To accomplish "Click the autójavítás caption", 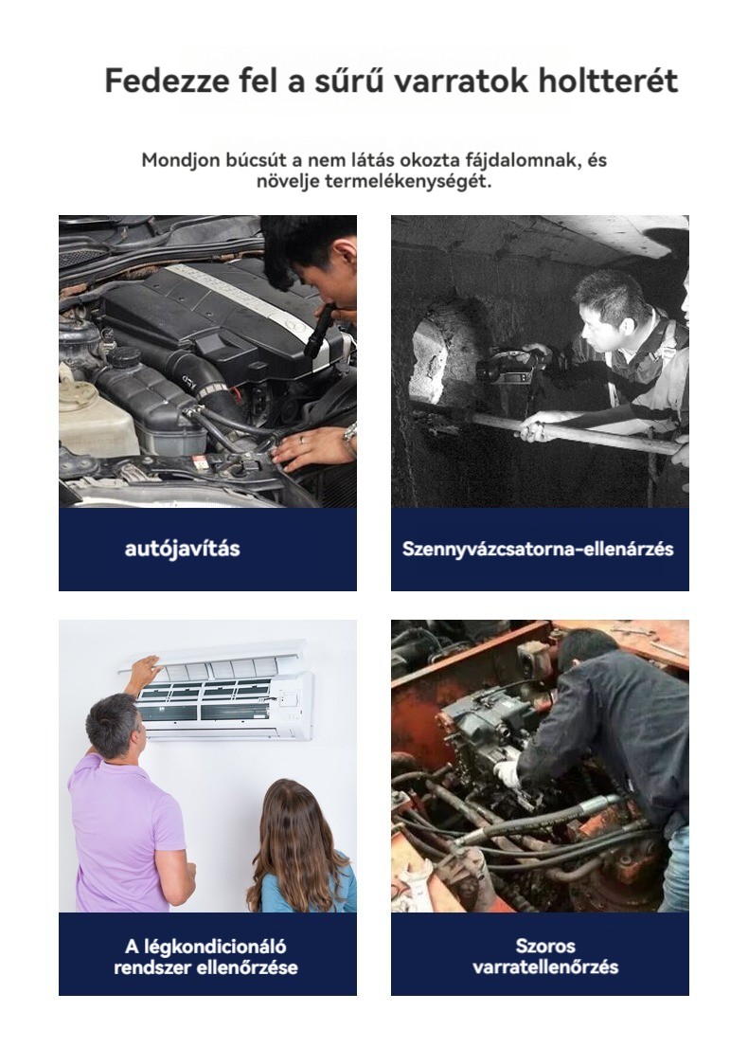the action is click(x=182, y=549).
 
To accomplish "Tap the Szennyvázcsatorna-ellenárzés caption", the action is click(x=538, y=549).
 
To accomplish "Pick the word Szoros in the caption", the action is click(x=545, y=946).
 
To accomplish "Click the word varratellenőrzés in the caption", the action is click(x=545, y=967).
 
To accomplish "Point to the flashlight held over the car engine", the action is click(x=320, y=330).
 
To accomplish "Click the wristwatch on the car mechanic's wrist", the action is click(x=350, y=437).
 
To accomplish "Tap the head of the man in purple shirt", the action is click(x=115, y=725).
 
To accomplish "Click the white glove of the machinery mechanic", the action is click(x=508, y=774).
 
